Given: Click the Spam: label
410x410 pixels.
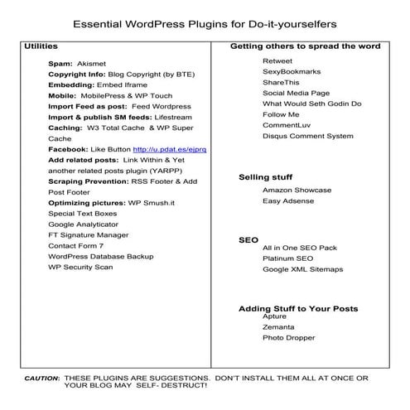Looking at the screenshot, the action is pyautogui.click(x=60, y=62).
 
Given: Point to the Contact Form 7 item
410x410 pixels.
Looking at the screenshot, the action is pyautogui.click(x=75, y=246).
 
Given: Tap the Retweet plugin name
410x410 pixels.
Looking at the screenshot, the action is pyautogui.click(x=277, y=61).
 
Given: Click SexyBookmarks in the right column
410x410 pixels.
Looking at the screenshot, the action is pyautogui.click(x=289, y=72).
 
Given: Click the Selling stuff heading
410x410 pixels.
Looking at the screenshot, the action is pyautogui.click(x=265, y=177).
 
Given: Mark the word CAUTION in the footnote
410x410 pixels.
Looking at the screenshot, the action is pyautogui.click(x=41, y=377).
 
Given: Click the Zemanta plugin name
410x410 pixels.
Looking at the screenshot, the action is pyautogui.click(x=279, y=327).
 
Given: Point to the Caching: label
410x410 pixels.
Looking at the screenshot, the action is pyautogui.click(x=69, y=128).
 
